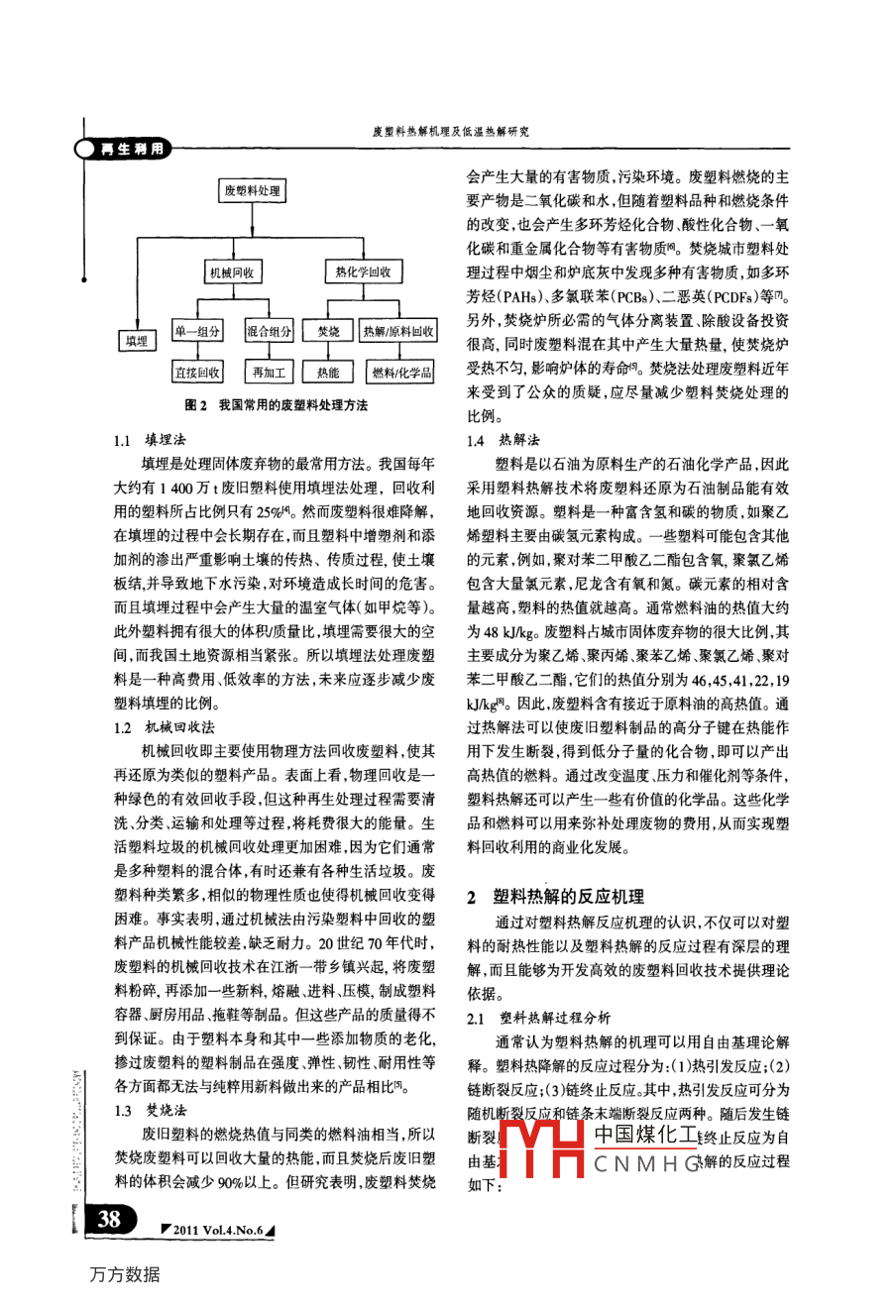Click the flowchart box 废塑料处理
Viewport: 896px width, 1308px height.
pyautogui.click(x=252, y=190)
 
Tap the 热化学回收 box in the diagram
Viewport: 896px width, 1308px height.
pyautogui.click(x=363, y=272)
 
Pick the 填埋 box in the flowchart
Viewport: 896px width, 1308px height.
pyautogui.click(x=137, y=340)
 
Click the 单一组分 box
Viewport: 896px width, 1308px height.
pyautogui.click(x=198, y=332)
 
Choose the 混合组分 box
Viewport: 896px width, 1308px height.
pyautogui.click(x=269, y=332)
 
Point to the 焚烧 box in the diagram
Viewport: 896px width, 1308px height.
pyautogui.click(x=328, y=332)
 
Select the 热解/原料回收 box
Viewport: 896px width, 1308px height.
pyautogui.click(x=398, y=332)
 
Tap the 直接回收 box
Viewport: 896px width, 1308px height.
pyautogui.click(x=198, y=373)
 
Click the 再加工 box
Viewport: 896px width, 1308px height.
pyautogui.click(x=269, y=373)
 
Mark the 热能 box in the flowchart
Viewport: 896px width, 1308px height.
pyautogui.click(x=328, y=373)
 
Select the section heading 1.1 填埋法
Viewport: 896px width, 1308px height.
pyautogui.click(x=150, y=440)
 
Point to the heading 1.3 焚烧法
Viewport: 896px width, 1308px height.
pyautogui.click(x=150, y=1111)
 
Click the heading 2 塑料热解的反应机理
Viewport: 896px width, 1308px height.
pyautogui.click(x=555, y=896)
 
